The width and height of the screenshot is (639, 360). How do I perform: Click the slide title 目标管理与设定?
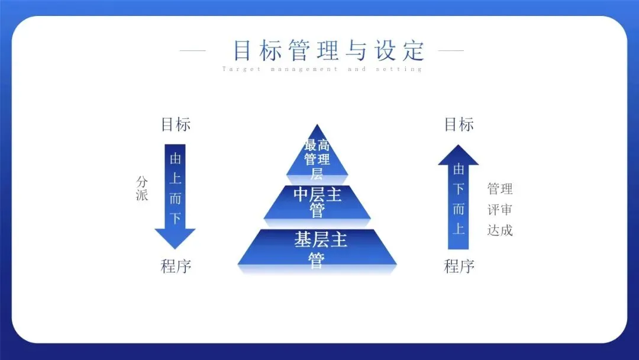coord(329,50)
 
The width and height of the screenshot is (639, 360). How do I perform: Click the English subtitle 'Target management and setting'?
coord(322,69)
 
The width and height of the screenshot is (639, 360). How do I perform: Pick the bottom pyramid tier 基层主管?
coord(317,249)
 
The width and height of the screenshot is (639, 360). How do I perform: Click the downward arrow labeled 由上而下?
coord(175,195)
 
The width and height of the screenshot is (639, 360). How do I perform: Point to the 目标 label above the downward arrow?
coord(176,125)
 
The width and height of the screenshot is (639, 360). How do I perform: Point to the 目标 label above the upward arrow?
coord(459,125)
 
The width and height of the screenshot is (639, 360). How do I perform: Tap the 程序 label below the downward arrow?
coord(176,266)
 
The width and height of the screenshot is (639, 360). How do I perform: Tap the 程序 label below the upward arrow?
coord(459,266)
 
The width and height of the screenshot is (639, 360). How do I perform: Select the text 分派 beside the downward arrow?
coord(142,188)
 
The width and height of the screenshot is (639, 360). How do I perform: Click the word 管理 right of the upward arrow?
coord(500,189)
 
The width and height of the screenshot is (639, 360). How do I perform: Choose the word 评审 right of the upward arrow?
coord(500,210)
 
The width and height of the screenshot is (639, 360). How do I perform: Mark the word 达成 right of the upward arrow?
coord(500,230)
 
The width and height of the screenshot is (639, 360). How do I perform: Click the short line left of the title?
coord(192,50)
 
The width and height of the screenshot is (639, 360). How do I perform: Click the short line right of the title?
coord(451,50)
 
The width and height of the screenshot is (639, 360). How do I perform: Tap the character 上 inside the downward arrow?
coord(175,179)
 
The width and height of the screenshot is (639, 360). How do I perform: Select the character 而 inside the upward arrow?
coord(459,208)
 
